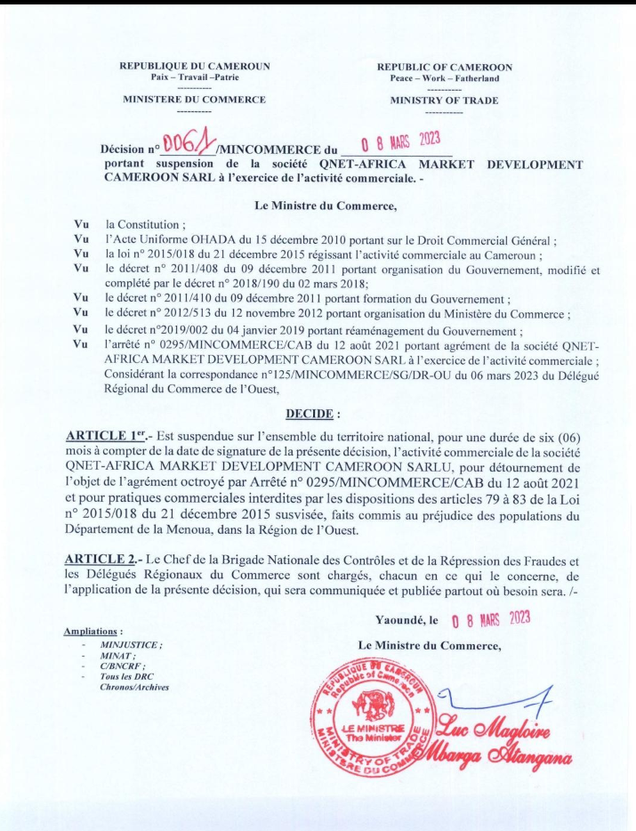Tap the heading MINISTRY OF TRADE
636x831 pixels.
(x=439, y=101)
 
